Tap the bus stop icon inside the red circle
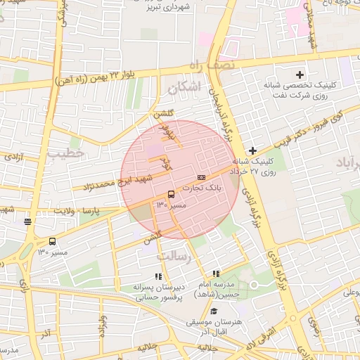coord(171,194)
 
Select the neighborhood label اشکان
coord(184,86)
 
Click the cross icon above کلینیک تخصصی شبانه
coord(300,74)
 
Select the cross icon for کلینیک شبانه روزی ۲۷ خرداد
coord(252,150)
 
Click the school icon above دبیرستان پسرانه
coord(158,276)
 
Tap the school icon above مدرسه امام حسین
coord(216,274)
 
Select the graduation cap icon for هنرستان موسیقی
coord(213,311)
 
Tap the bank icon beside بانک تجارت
coord(202,177)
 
